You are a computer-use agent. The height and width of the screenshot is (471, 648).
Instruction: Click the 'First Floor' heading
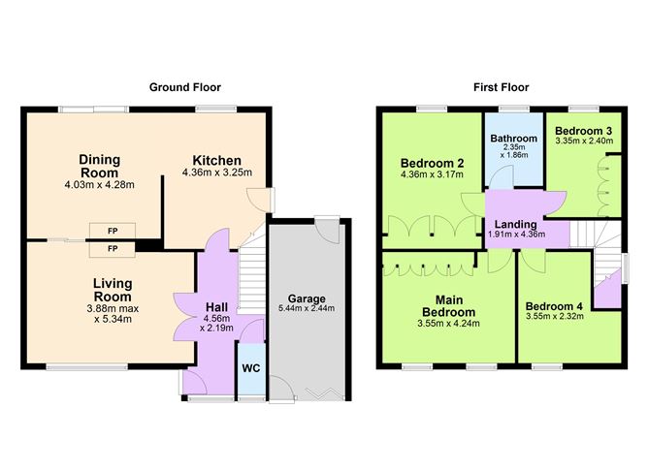click(x=501, y=87)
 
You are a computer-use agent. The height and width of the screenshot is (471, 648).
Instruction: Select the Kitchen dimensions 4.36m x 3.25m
click(x=216, y=173)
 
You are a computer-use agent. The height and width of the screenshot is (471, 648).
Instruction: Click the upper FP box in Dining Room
click(x=113, y=231)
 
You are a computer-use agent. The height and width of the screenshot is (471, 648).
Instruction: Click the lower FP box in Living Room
click(x=113, y=249)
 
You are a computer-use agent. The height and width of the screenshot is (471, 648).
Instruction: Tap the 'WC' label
click(x=250, y=369)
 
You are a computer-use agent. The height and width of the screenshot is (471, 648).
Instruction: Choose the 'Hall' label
click(x=215, y=305)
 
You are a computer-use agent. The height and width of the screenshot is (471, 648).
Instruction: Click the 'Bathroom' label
click(x=513, y=139)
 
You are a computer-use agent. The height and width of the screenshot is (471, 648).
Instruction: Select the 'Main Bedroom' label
click(x=447, y=305)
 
